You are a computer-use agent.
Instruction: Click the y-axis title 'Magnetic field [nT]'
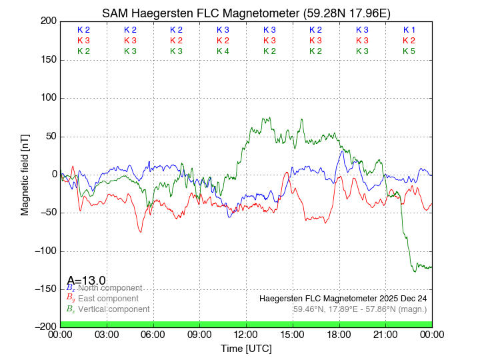(25, 173)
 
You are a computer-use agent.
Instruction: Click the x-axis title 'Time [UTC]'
(247, 349)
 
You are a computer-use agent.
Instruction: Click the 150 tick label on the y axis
(46, 60)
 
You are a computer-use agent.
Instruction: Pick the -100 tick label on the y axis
(43, 251)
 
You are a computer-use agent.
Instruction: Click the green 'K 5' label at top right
(409, 51)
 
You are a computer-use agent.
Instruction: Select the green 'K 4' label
(223, 51)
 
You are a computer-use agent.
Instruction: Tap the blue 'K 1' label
(409, 30)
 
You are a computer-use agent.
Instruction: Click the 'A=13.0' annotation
(87, 281)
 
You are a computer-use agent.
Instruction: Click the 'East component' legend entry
(108, 299)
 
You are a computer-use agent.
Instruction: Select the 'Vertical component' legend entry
(113, 309)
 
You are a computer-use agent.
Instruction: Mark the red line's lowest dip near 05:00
(141, 231)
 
